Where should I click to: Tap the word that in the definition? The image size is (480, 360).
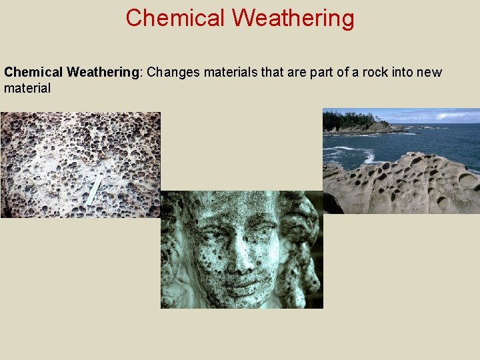coord(273,72)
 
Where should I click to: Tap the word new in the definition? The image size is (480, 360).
coord(430,72)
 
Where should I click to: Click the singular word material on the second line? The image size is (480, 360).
coord(27,87)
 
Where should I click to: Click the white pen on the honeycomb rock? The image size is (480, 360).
coord(95,189)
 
